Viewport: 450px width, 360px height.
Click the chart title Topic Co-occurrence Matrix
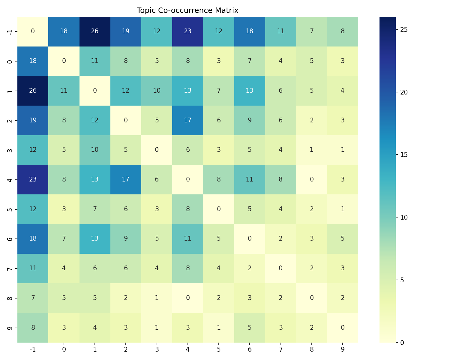click(x=187, y=10)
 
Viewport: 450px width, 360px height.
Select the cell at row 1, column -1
click(x=33, y=91)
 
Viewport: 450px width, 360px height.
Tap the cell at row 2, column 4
click(x=187, y=120)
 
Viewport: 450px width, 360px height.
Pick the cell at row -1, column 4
click(x=187, y=31)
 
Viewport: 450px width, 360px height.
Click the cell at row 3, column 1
click(x=95, y=150)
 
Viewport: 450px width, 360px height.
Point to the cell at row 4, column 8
click(x=311, y=179)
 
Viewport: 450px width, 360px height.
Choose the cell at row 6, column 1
click(x=95, y=238)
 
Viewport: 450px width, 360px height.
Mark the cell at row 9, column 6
click(x=249, y=327)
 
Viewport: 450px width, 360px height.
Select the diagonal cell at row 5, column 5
click(x=218, y=209)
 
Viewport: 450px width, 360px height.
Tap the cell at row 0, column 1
click(x=95, y=61)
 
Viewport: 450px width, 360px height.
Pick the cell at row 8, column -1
click(x=33, y=298)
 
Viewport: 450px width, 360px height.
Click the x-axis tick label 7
click(x=280, y=349)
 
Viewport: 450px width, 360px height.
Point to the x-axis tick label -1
click(x=33, y=349)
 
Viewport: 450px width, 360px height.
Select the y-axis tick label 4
click(x=10, y=179)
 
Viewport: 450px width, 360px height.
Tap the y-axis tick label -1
click(x=10, y=31)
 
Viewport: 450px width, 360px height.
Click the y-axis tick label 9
click(x=10, y=327)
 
